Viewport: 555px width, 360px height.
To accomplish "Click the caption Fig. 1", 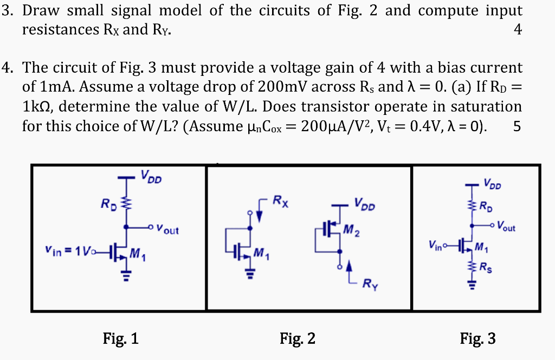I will coord(120,339).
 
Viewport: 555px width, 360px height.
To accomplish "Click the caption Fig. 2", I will coord(298,339).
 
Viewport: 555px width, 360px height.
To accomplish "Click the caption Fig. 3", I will coord(477,339).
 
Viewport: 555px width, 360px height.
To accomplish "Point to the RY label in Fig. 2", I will coord(371,282).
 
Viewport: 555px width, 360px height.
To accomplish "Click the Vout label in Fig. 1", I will coord(167,230).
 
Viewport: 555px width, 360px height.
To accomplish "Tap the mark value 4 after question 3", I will coord(518,30).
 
